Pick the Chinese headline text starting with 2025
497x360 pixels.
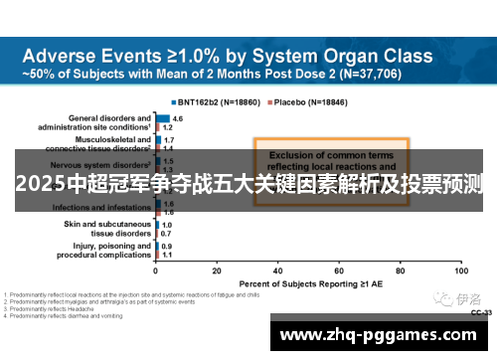click(x=248, y=183)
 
